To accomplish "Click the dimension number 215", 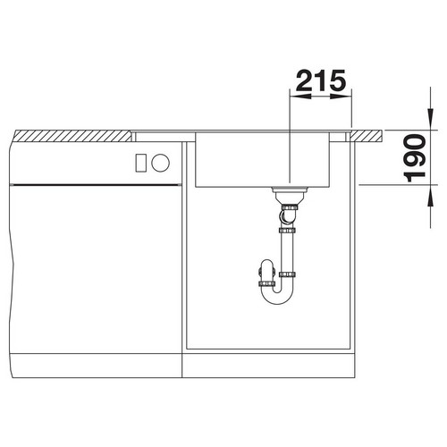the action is tap(321, 80).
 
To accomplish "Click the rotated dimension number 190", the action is tap(415, 158).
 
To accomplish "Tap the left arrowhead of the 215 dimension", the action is tap(299, 97).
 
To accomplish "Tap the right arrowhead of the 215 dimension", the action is tap(342, 97).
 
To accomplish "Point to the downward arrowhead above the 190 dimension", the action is tap(430, 119).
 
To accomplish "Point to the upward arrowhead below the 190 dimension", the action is tap(430, 196).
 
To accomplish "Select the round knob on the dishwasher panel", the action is tap(160, 163).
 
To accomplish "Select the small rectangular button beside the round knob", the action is tap(140, 163).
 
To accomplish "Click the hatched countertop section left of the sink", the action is tap(74, 136).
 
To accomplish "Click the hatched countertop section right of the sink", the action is tap(367, 136).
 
